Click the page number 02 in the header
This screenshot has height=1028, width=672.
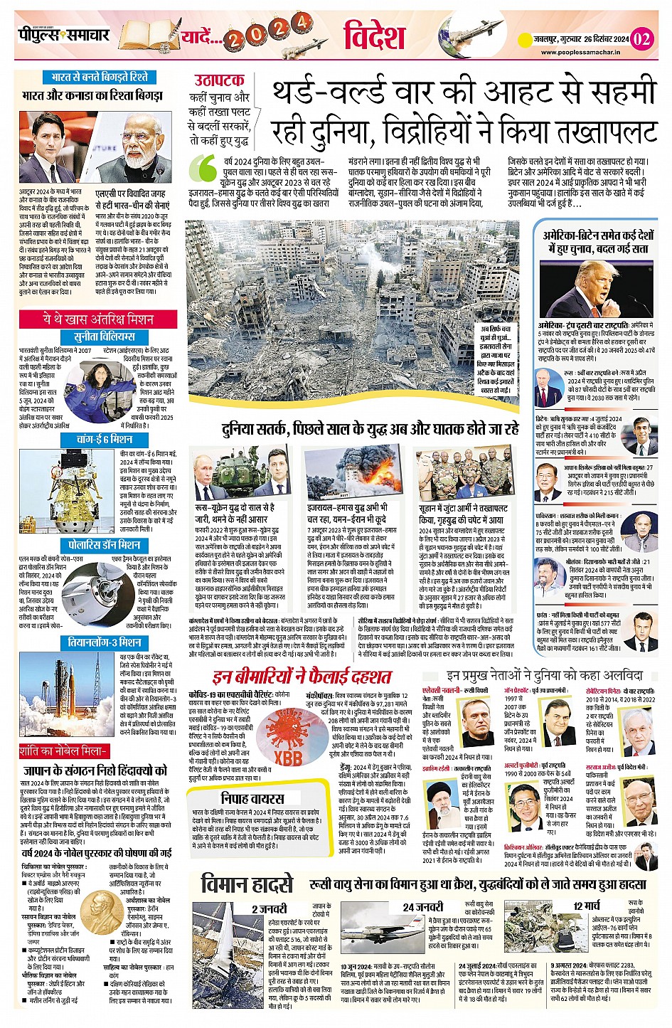pos(641,38)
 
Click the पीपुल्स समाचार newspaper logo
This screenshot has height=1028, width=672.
pos(64,35)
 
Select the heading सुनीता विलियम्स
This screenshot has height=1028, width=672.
pos(105,337)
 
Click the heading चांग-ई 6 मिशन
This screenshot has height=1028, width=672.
pos(105,440)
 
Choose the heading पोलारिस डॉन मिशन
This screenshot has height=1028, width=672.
pos(105,545)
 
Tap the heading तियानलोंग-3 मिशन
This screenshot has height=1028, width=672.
pos(105,642)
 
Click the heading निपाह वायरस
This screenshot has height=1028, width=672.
pos(252,798)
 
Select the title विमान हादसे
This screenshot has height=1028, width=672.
pos(247,884)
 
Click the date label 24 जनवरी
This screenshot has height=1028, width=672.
pos(422,907)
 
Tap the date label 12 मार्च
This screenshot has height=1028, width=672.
pos(587,906)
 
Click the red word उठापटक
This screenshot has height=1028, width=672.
pos(219,80)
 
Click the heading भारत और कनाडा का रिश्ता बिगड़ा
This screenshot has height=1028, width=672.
pos(92,95)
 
